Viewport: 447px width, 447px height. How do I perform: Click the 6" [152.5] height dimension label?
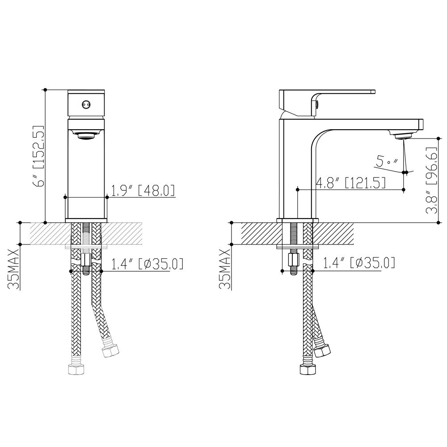pyautogui.click(x=39, y=156)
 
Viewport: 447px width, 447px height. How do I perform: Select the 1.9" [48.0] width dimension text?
pyautogui.click(x=142, y=190)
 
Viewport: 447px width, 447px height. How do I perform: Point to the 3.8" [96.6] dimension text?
pyautogui.click(x=432, y=181)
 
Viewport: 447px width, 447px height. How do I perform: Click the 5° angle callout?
pyautogui.click(x=387, y=161)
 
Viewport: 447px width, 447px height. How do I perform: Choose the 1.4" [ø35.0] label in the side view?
pyautogui.click(x=359, y=262)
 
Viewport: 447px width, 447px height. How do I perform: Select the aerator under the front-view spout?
pyautogui.click(x=86, y=135)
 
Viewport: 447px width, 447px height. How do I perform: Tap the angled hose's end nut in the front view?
pyautogui.click(x=110, y=350)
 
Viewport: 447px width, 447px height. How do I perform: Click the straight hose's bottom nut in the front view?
pyautogui.click(x=77, y=370)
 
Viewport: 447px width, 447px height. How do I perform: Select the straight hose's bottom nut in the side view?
pyautogui.click(x=308, y=370)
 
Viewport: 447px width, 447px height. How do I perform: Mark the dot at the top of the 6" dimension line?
pyautogui.click(x=45, y=89)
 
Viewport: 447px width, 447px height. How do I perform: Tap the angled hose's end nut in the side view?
pyautogui.click(x=322, y=350)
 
